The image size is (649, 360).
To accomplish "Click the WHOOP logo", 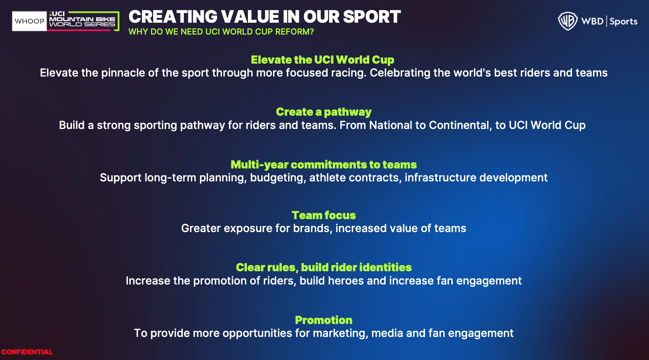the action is tap(29, 21).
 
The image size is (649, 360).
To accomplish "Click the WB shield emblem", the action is tap(567, 21).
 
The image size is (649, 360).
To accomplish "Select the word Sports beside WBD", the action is tap(623, 22).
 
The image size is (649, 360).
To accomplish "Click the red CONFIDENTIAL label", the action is tap(27, 352).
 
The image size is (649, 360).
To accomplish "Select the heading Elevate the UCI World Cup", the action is tap(322, 60).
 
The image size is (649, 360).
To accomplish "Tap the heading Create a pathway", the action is tap(323, 112).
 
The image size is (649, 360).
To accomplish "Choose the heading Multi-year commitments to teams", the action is tap(323, 165).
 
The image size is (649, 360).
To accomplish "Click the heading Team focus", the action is tap(323, 215).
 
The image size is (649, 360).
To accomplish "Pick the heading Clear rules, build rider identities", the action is tap(323, 267).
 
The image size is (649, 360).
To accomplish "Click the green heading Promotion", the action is tap(323, 320).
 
